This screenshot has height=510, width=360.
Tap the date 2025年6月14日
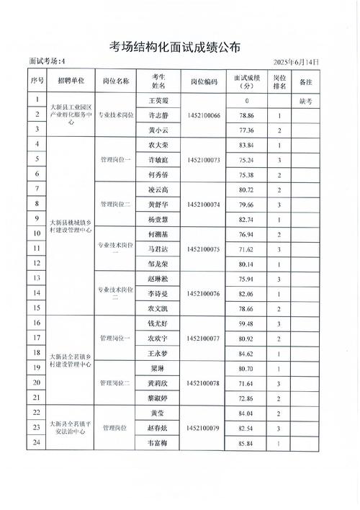pyautogui.click(x=297, y=63)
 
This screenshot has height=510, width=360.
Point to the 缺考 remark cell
pyautogui.click(x=305, y=102)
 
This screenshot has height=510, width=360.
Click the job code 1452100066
pyautogui.click(x=204, y=115)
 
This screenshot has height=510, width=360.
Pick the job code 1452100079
pyautogui.click(x=204, y=429)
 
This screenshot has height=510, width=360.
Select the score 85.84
pyautogui.click(x=247, y=442)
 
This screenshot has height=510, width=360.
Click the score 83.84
pyautogui.click(x=247, y=146)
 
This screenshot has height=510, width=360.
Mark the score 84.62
pyautogui.click(x=247, y=354)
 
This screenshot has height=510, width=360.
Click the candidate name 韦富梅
pyautogui.click(x=158, y=442)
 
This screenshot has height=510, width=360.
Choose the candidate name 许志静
pyautogui.click(x=158, y=115)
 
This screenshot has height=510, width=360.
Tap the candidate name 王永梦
pyautogui.click(x=158, y=354)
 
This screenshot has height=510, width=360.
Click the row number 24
pyautogui.click(x=36, y=442)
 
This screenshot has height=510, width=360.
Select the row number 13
pyautogui.click(x=36, y=278)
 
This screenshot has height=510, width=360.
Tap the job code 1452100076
pyautogui.click(x=204, y=294)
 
